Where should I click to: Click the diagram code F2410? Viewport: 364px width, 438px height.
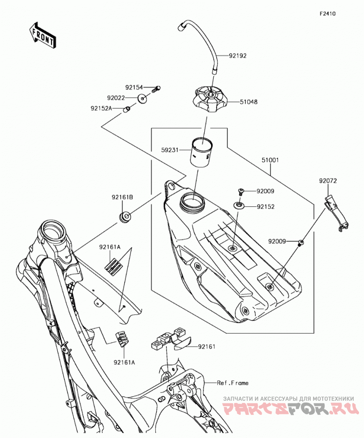tap(328, 14)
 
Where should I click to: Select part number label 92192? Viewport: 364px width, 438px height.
tap(238, 56)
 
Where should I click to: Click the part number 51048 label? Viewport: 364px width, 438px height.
tap(248, 102)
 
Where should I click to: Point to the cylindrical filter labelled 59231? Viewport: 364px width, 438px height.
tap(201, 152)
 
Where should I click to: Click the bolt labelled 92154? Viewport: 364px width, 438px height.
tap(156, 89)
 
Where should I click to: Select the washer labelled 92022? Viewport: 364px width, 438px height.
tap(143, 99)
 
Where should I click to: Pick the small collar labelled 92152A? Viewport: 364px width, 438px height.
tap(127, 109)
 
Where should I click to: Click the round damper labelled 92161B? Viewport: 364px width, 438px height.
tap(125, 217)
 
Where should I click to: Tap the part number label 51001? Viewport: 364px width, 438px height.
tap(270, 160)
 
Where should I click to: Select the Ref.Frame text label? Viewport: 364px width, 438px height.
tap(233, 383)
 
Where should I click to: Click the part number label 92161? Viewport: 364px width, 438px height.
tap(207, 347)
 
